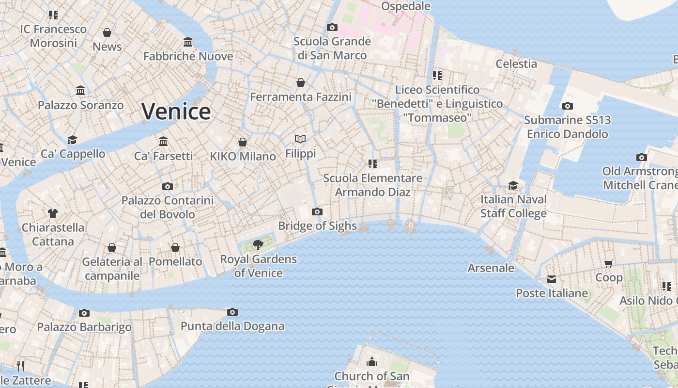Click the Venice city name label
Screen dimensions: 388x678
(176, 112)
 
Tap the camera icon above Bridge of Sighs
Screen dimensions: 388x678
(317, 211)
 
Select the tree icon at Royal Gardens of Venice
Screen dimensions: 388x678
(258, 244)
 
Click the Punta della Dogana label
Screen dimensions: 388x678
(232, 326)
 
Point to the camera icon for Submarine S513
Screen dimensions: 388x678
(567, 106)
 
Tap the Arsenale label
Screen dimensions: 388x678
(491, 268)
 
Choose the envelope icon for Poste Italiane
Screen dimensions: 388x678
(552, 279)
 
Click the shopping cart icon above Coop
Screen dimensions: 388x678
(609, 263)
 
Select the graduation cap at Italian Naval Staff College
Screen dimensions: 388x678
(513, 185)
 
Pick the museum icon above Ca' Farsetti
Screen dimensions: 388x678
(163, 141)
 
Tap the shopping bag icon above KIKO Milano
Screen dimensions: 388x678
(243, 142)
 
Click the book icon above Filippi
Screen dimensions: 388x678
(300, 139)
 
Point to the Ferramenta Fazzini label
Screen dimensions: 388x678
(301, 97)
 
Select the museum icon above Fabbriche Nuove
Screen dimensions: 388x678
(188, 42)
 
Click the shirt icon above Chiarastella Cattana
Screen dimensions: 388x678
(53, 213)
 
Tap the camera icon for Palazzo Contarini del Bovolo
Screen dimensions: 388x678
(168, 186)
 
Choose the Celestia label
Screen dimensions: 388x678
(516, 64)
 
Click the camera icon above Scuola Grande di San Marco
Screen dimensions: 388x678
(332, 27)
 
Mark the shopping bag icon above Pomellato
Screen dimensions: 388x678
(175, 247)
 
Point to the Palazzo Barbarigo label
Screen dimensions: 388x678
(84, 327)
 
